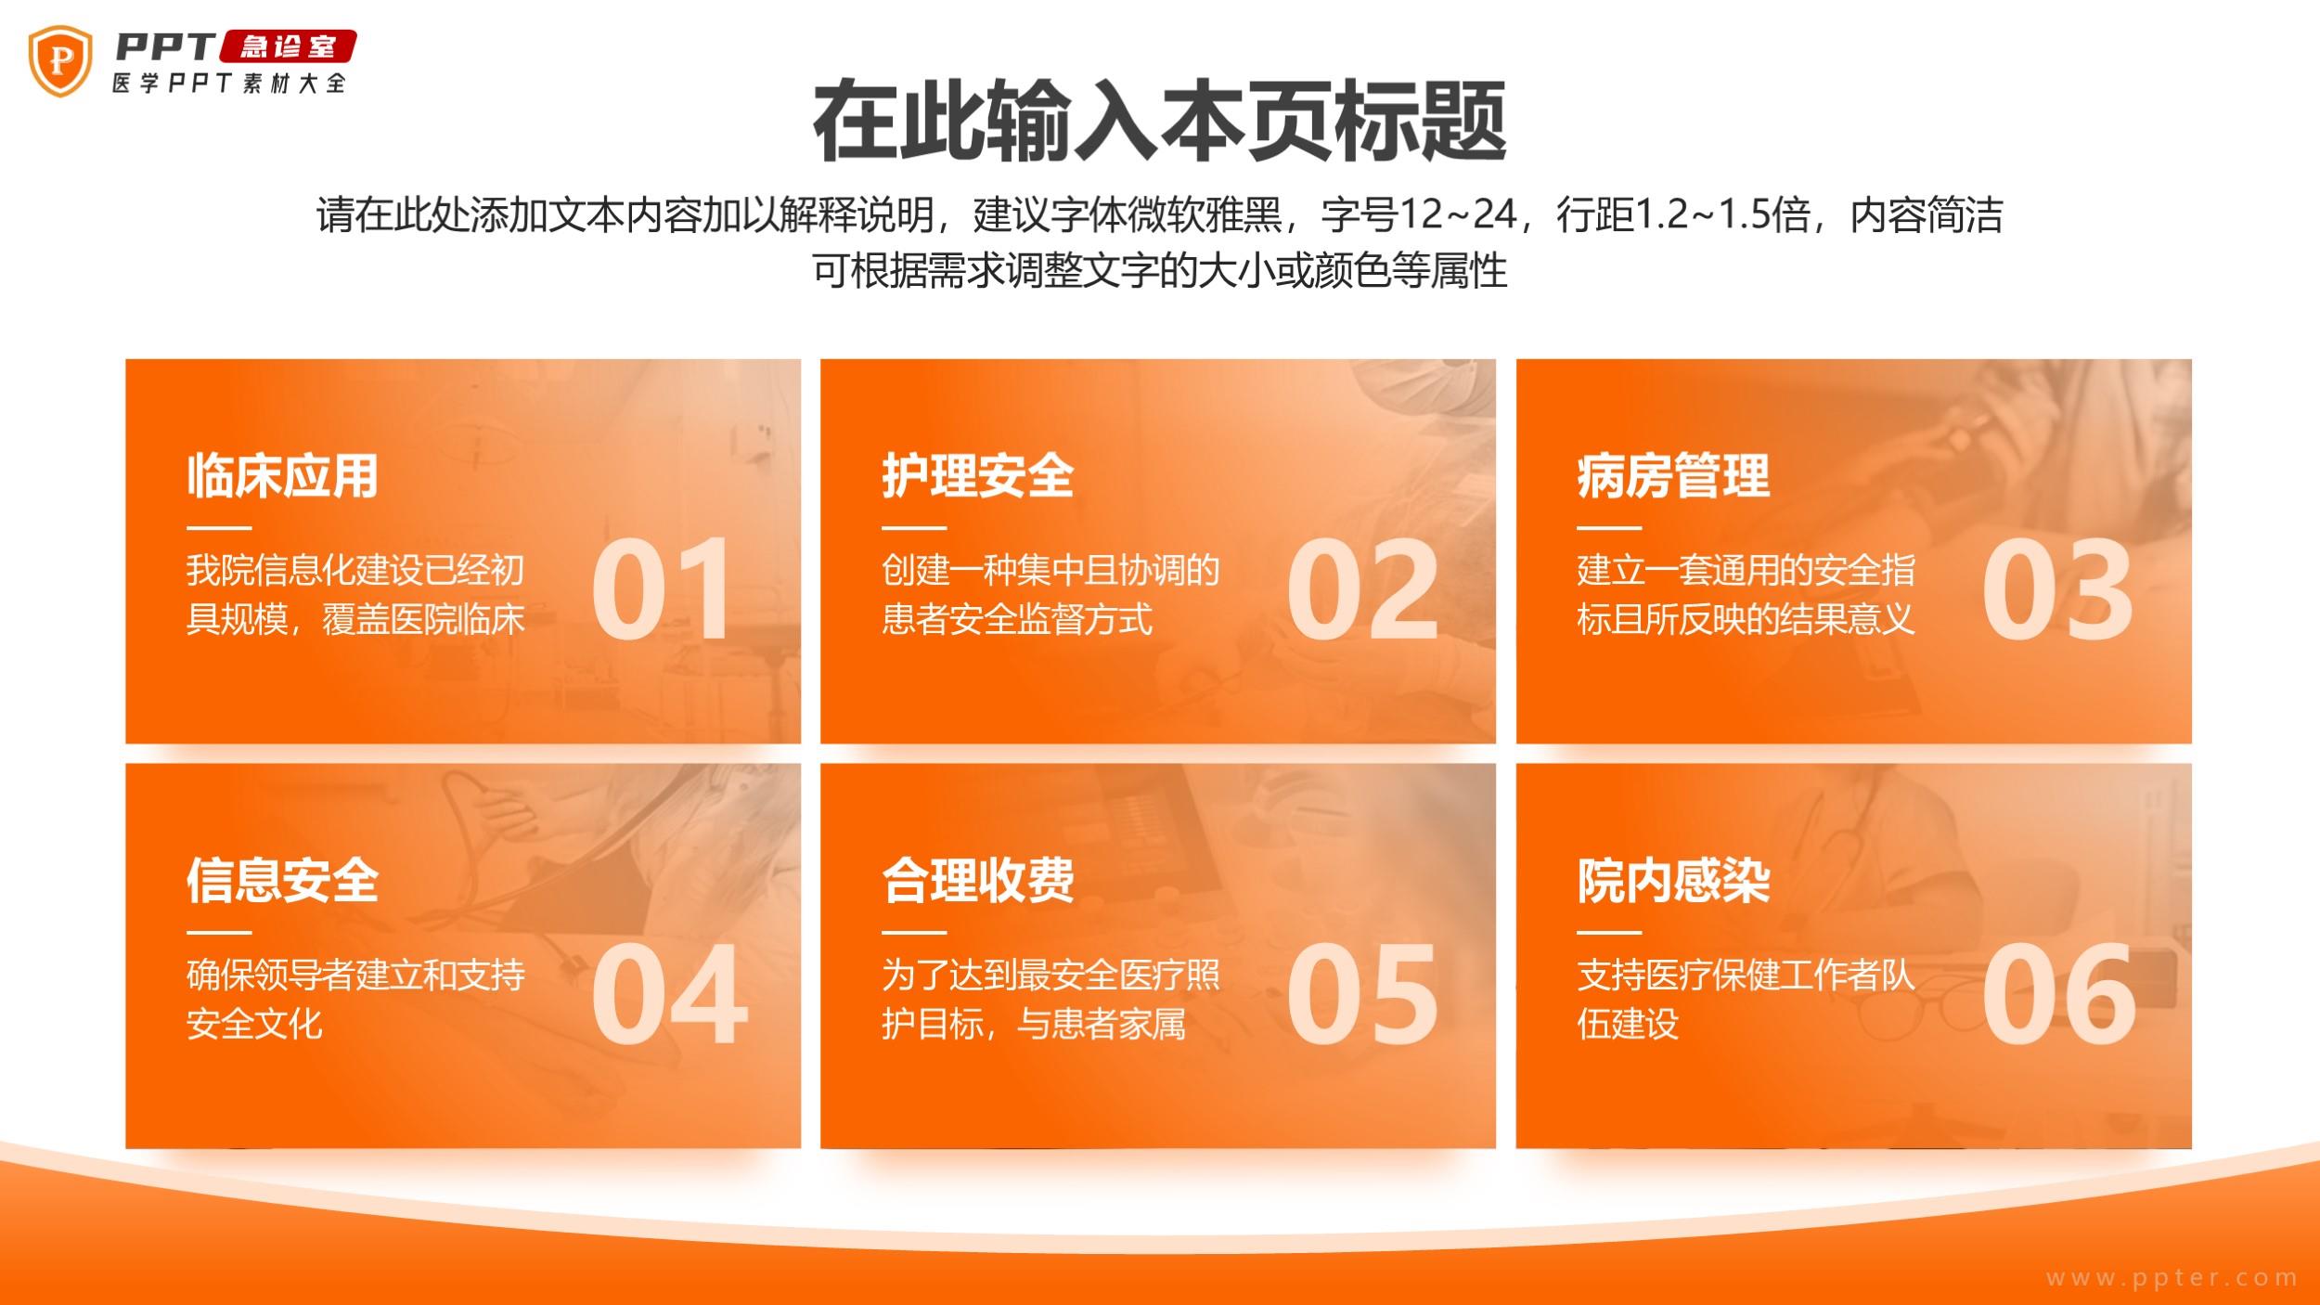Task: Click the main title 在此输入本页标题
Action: click(x=1159, y=122)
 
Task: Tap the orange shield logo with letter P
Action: click(x=60, y=61)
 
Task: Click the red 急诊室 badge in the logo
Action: click(x=288, y=46)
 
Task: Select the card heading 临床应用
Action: click(x=282, y=476)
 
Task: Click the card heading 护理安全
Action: click(x=977, y=476)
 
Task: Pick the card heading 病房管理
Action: click(x=1673, y=476)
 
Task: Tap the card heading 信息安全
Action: click(x=282, y=880)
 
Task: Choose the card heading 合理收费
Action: click(x=977, y=880)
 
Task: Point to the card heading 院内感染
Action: click(x=1673, y=880)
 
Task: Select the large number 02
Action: click(x=1361, y=589)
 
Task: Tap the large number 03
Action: click(x=2057, y=589)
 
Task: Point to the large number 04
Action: click(x=669, y=994)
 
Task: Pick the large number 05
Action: click(x=1361, y=994)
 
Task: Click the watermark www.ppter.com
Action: click(x=2172, y=1278)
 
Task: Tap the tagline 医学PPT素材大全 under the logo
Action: click(x=229, y=84)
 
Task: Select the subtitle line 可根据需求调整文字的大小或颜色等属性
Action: click(x=1159, y=271)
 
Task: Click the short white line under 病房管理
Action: click(x=1609, y=527)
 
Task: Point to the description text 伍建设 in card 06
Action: click(x=1628, y=1024)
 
